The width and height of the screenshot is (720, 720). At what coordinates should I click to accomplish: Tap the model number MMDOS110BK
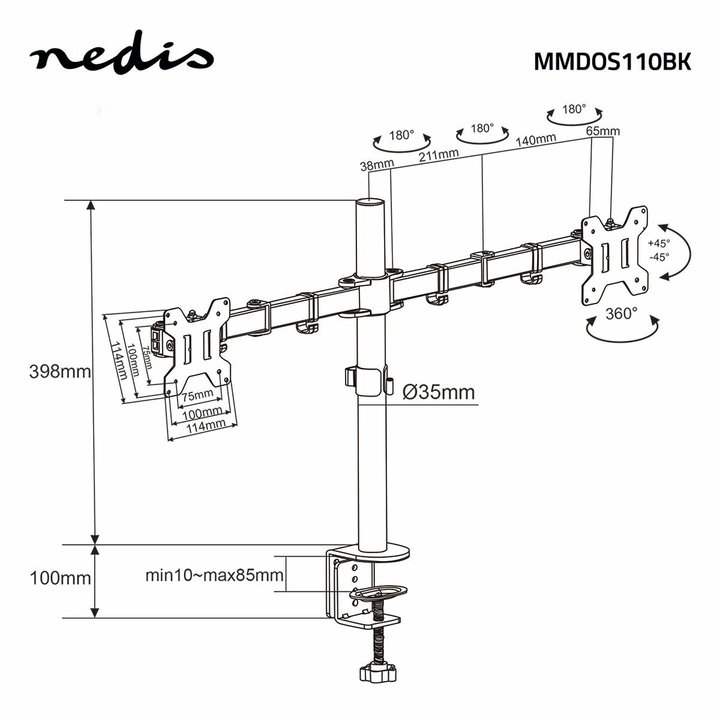coord(612,61)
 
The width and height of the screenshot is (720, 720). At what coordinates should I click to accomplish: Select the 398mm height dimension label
coord(60,371)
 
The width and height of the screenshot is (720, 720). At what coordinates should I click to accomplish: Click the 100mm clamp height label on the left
coord(60,578)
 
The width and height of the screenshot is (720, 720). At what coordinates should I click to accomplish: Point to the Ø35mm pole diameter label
coord(439,392)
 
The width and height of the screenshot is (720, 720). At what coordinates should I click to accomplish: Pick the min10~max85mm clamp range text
coord(214,575)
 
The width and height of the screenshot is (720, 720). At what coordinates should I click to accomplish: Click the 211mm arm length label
coord(439,155)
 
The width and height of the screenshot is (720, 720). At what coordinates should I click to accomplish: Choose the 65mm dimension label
coord(602,131)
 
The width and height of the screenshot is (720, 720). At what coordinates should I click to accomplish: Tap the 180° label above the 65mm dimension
coord(574,109)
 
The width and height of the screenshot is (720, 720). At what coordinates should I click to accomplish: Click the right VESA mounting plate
coord(615,254)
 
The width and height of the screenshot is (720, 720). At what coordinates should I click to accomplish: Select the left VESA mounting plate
coord(197,347)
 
